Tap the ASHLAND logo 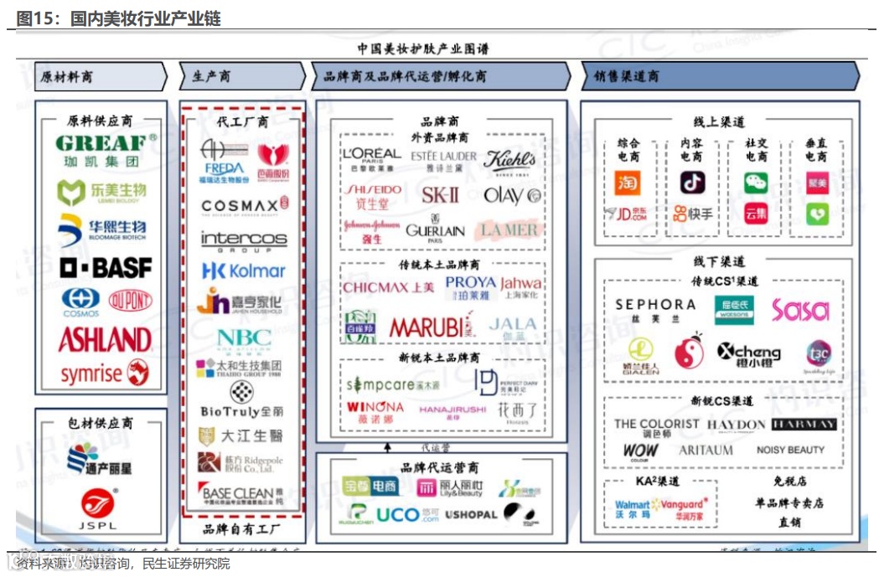click(x=105, y=340)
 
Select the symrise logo click(x=104, y=374)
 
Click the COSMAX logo click(x=245, y=205)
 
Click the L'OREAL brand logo click(x=371, y=157)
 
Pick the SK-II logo click(x=440, y=195)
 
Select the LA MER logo click(x=509, y=229)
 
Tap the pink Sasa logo click(x=799, y=311)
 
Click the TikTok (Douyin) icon click(x=692, y=183)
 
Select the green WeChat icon click(x=756, y=183)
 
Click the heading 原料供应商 click(x=100, y=121)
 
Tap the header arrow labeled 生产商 click(x=241, y=76)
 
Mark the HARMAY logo click(x=804, y=424)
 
